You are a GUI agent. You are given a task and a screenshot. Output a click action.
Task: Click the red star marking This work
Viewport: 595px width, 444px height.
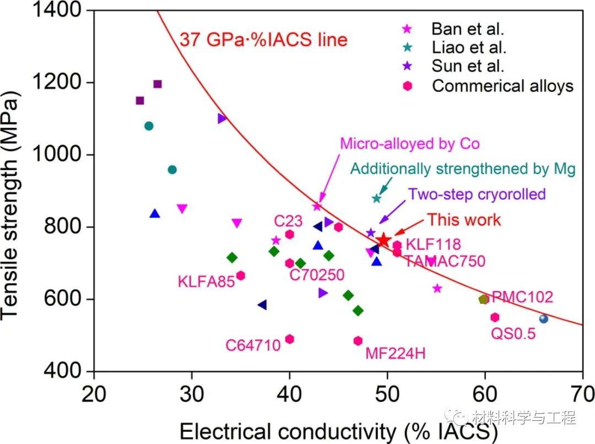[384, 240]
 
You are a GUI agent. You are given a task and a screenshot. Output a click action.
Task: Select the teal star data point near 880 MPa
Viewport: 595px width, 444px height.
[377, 198]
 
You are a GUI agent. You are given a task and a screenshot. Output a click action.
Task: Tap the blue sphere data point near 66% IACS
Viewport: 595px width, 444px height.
[544, 318]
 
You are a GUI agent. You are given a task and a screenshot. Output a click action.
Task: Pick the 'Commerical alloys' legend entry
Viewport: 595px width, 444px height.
[502, 86]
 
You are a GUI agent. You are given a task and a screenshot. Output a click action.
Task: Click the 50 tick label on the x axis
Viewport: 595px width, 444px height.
[387, 394]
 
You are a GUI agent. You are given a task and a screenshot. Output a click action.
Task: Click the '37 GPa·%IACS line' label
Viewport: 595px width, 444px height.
[263, 40]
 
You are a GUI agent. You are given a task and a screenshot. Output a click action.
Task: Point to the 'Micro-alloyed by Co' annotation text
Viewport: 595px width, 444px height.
[409, 144]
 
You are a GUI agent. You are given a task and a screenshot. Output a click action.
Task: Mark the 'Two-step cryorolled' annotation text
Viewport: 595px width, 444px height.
[477, 194]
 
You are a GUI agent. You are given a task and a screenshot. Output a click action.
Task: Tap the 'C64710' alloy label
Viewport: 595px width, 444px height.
[253, 345]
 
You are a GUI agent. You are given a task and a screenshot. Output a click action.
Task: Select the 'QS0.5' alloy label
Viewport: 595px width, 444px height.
[513, 333]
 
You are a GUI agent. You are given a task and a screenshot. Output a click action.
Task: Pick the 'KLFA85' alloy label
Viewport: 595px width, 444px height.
[204, 281]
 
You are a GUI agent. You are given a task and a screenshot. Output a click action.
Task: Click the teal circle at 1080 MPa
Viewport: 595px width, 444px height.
[149, 126]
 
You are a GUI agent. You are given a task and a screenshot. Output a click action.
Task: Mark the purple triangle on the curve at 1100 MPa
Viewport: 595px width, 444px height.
[222, 118]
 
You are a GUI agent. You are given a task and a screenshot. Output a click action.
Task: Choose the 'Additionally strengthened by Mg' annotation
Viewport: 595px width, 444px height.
[463, 169]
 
